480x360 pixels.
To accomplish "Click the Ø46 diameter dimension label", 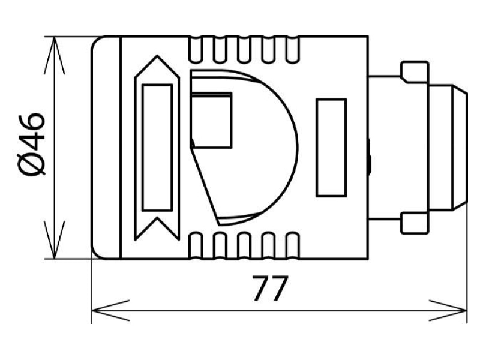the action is (32, 144).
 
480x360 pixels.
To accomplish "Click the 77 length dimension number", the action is (269, 288).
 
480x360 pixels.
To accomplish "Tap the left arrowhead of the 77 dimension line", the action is (111, 310).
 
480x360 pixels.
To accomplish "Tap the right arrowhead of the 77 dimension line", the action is (448, 310).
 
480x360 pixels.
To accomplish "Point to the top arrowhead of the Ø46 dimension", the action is (54, 55).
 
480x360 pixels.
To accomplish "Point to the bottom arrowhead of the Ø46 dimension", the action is (54, 239).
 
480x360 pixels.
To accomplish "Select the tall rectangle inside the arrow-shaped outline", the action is (157, 148).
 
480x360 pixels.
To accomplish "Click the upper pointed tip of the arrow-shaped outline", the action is (157, 56).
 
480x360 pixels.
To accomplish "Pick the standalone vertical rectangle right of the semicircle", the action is (331, 147).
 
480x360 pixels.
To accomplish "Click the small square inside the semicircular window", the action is (211, 121).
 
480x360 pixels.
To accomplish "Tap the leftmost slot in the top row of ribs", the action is (196, 50).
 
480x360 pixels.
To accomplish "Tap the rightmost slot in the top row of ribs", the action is (292, 50).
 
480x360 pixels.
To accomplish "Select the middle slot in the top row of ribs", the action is (244, 50).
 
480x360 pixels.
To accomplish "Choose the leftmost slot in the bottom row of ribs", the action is (196, 245).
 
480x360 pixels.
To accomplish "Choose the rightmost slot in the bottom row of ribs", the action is (292, 245).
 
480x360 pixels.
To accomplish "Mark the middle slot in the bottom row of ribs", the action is (244, 245).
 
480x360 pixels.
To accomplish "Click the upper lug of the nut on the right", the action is (415, 72).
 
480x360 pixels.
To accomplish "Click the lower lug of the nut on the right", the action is (415, 223).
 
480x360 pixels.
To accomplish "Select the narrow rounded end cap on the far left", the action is (106, 148).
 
